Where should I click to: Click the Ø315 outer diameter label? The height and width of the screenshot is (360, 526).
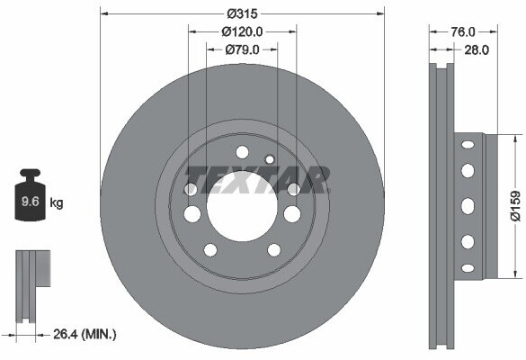242,13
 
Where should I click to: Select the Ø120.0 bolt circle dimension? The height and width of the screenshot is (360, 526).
242,31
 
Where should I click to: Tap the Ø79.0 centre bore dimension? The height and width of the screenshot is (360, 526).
242,50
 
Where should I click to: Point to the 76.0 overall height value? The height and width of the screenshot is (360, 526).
462,31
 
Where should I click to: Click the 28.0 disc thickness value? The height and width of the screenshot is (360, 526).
477,50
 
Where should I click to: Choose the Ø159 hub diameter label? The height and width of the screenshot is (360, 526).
515,206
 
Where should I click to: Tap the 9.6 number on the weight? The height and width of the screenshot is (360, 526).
31,202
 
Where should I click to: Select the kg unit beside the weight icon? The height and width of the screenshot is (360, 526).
57,202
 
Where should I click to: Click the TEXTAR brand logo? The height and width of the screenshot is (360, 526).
258,180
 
